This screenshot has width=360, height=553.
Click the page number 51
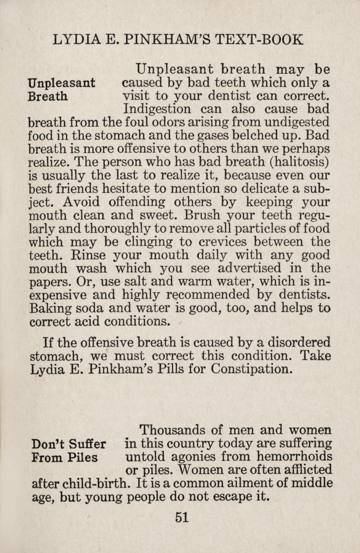[x=181, y=517]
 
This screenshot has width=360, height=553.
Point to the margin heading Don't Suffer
[x=69, y=444]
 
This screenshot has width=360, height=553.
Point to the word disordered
[x=299, y=342]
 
